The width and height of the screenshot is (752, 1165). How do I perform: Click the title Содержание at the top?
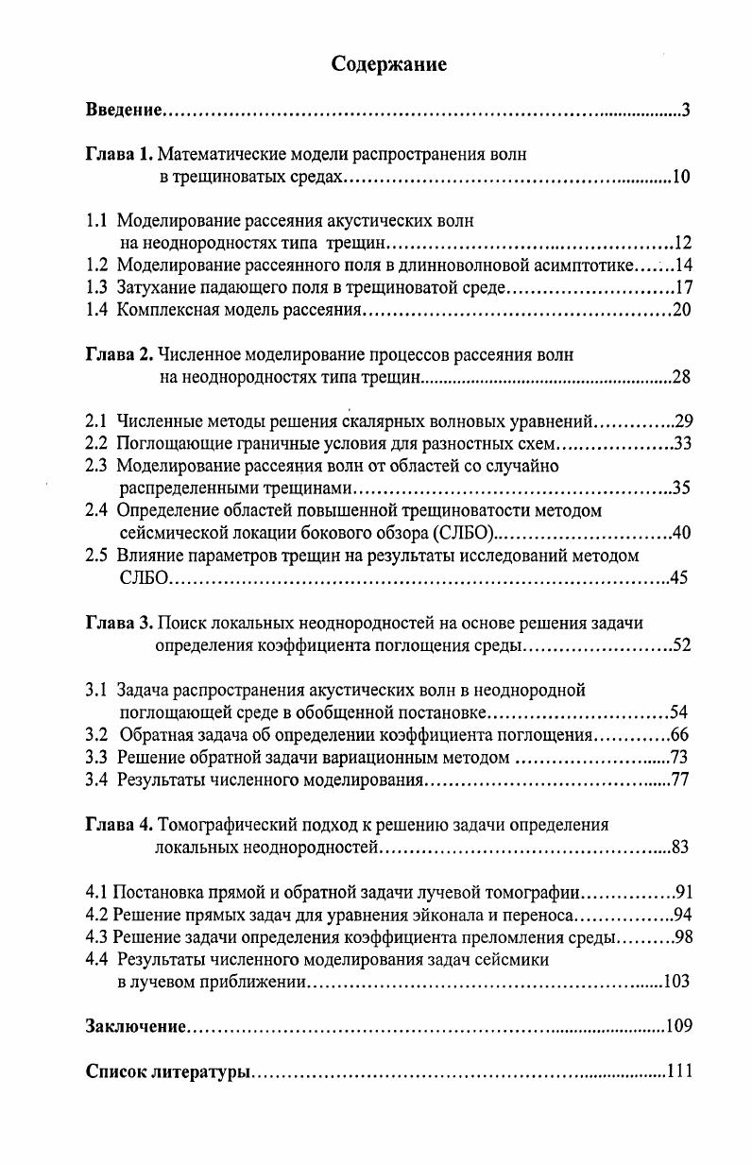click(x=388, y=64)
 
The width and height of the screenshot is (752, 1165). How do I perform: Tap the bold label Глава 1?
click(x=118, y=153)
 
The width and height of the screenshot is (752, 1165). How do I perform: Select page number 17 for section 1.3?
click(x=684, y=287)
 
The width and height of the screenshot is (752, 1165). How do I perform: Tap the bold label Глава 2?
click(x=118, y=355)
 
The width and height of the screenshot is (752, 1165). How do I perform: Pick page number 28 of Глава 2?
click(x=681, y=378)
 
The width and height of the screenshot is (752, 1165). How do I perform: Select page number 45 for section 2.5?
click(x=678, y=578)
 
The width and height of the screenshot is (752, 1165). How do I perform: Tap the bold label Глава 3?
click(x=118, y=624)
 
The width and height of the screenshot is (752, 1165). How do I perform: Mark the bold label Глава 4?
click(x=118, y=824)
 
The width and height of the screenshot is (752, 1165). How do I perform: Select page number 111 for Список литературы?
click(x=680, y=1071)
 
